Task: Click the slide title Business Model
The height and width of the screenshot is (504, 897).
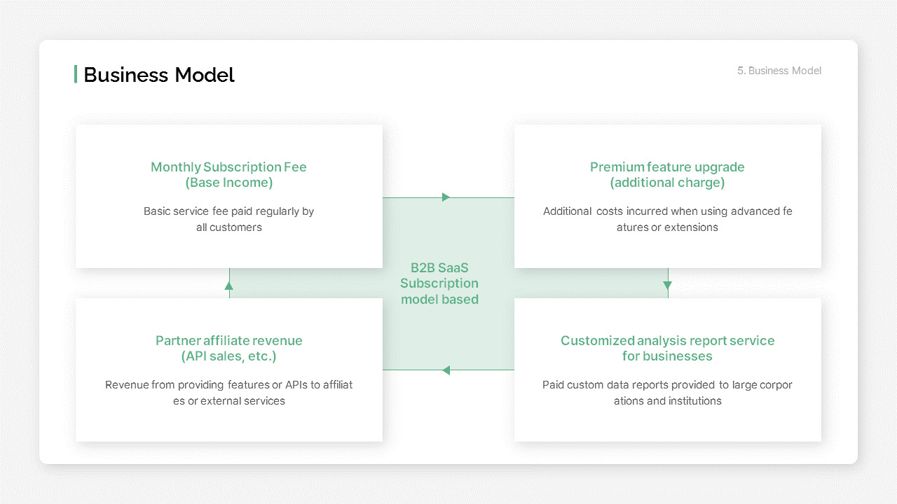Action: click(159, 75)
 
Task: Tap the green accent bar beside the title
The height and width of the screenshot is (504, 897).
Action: click(76, 74)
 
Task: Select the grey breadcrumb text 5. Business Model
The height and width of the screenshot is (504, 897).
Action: click(779, 71)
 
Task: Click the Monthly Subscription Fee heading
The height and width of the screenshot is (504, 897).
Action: click(228, 167)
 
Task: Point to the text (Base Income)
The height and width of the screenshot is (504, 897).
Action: click(229, 183)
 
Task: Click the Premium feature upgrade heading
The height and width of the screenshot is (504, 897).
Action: click(667, 167)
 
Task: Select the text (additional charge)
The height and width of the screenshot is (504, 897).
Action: click(667, 183)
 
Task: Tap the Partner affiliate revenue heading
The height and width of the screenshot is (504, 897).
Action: click(229, 341)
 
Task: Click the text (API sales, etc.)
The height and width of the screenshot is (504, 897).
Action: click(229, 356)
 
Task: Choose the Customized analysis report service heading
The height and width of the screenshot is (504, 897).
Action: click(667, 341)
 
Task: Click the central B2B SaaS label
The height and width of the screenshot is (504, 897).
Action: click(439, 283)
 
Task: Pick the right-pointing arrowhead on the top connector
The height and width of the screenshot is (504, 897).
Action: click(446, 197)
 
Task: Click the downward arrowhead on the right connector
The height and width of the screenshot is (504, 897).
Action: click(668, 285)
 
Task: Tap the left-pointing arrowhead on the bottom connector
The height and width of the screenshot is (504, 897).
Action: click(446, 370)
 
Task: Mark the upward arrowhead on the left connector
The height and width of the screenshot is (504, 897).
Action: click(229, 285)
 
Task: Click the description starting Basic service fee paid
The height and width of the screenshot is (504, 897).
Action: click(229, 219)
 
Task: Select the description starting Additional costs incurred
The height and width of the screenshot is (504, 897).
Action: click(667, 219)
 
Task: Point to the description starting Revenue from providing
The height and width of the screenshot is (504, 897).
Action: click(229, 393)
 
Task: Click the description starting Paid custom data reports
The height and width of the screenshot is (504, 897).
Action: click(667, 393)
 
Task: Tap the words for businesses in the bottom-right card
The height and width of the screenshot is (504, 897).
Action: click(667, 356)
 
